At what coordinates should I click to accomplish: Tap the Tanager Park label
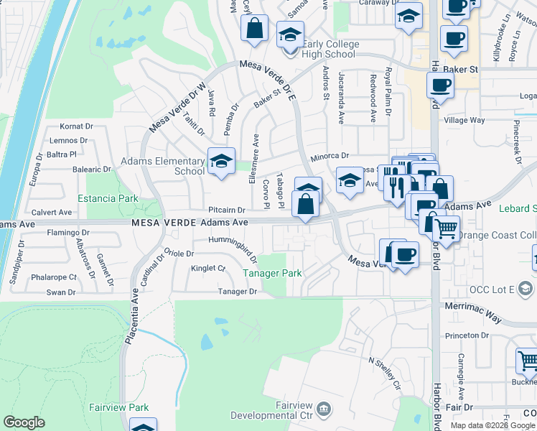[271, 273]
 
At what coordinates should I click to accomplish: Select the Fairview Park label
[118, 407]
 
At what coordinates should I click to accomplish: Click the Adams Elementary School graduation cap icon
[221, 162]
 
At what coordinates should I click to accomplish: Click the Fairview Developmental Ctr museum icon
[324, 409]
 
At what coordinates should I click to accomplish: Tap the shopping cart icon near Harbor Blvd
[447, 230]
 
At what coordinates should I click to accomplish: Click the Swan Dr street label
[61, 292]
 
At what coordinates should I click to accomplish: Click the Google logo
[24, 422]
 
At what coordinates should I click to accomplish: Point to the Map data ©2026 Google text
[493, 425]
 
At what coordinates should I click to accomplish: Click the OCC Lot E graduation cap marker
[525, 288]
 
